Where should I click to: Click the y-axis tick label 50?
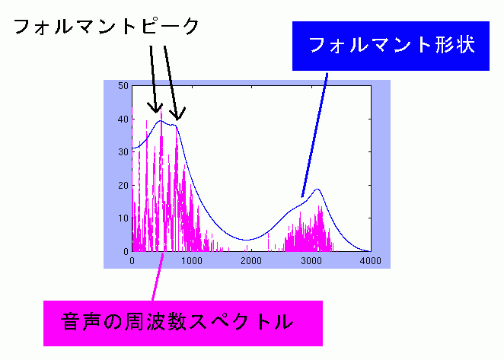pyautogui.click(x=123, y=86)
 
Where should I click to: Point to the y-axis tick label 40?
pyautogui.click(x=123, y=119)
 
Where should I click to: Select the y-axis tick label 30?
pyautogui.click(x=123, y=152)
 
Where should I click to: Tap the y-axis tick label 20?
pyautogui.click(x=123, y=186)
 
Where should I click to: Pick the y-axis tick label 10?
pyautogui.click(x=123, y=218)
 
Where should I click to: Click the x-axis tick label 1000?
pyautogui.click(x=192, y=261)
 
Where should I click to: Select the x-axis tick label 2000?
pyautogui.click(x=251, y=261)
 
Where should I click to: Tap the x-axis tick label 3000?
pyautogui.click(x=311, y=261)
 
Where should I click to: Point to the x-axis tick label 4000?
pyautogui.click(x=371, y=261)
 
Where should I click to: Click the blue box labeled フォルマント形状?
pyautogui.click(x=391, y=46)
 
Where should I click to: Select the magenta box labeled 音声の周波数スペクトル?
pyautogui.click(x=183, y=323)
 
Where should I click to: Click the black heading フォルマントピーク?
pyautogui.click(x=107, y=27)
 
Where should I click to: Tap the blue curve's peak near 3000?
pyautogui.click(x=317, y=189)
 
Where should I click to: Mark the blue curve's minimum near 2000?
pyautogui.click(x=246, y=240)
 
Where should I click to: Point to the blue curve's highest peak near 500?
pyautogui.click(x=161, y=121)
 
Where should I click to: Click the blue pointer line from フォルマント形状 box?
pyautogui.click(x=314, y=135)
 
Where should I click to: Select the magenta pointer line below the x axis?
pyautogui.click(x=158, y=277)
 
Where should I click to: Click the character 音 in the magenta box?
pyautogui.click(x=70, y=321)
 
